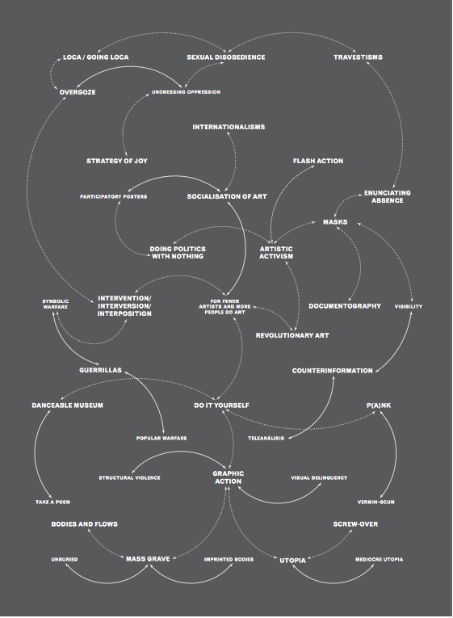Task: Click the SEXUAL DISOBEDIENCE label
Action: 226,57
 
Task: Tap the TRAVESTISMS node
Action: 358,57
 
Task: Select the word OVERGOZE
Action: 78,92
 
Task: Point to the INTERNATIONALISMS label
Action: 229,127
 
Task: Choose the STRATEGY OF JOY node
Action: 117,161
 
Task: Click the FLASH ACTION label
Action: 318,161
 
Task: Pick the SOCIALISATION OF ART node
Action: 227,196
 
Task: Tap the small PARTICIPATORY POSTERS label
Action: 113,196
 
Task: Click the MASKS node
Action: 335,222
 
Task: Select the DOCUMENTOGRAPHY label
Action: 345,306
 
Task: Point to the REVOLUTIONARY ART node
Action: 292,335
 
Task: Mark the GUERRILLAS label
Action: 100,370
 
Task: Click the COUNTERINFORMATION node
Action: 332,371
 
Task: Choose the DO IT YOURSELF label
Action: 221,406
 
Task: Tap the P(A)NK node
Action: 379,406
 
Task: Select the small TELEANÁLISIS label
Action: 266,439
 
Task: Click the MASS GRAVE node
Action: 148,559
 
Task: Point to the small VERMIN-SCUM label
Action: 375,502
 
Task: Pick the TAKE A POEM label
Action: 52,502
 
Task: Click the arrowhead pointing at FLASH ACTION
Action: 312,166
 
